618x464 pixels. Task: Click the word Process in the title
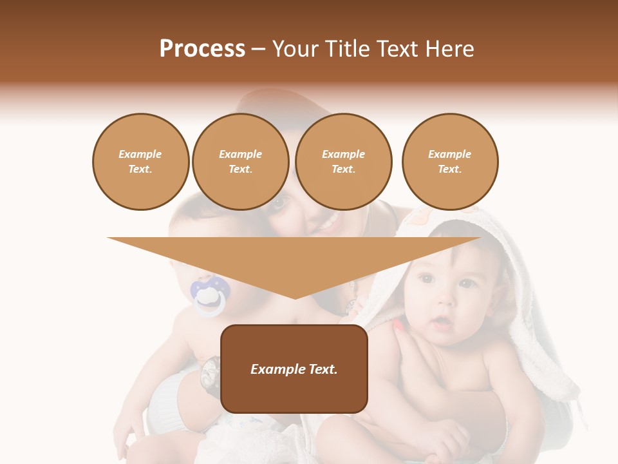point(202,49)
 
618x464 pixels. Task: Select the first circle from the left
point(141,162)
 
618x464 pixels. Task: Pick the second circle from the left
point(241,162)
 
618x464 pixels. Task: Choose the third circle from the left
point(344,162)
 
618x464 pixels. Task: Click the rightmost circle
point(450,162)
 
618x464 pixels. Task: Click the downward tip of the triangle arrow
point(295,296)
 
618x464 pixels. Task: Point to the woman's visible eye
point(280,203)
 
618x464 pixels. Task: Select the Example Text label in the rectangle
point(294,369)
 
